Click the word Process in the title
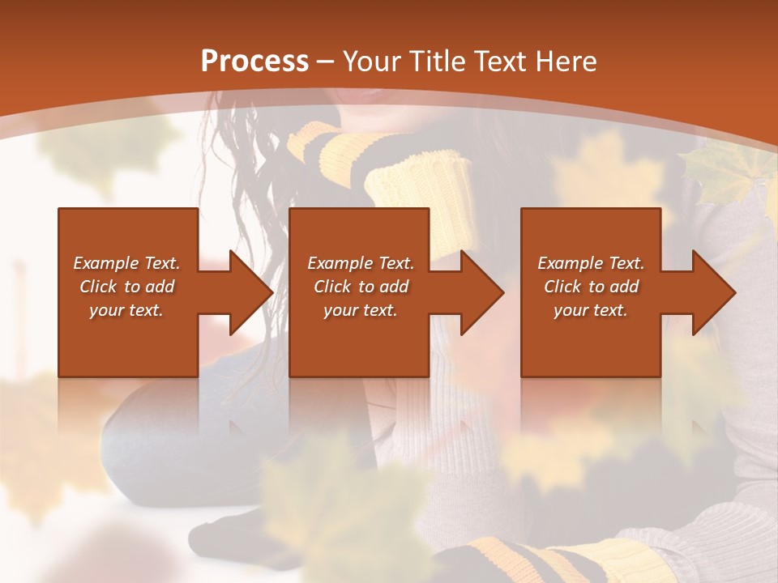coord(254,62)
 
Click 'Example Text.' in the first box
coord(126,263)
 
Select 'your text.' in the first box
coord(126,310)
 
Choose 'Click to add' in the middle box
coord(361,287)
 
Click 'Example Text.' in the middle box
coord(361,263)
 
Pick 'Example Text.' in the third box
coord(591,263)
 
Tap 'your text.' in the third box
coord(591,310)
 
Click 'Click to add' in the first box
coord(126,287)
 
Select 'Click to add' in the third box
coord(591,287)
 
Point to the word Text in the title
coord(501,62)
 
